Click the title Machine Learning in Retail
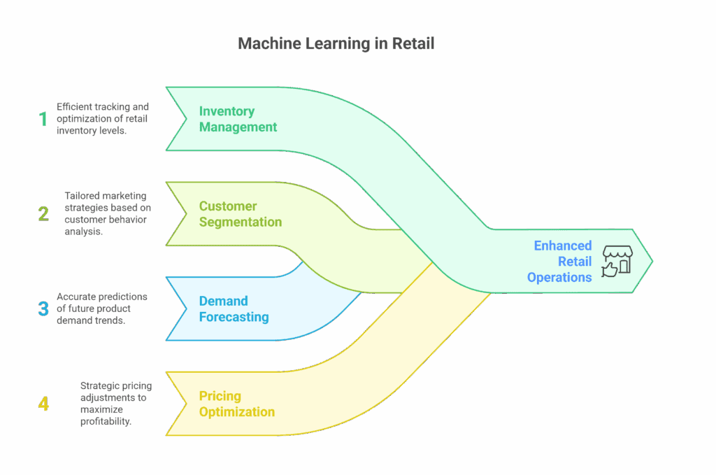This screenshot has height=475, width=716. click(x=336, y=43)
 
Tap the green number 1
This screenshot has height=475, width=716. click(x=43, y=119)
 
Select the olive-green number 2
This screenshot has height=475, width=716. click(x=43, y=213)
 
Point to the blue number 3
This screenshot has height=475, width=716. click(x=43, y=309)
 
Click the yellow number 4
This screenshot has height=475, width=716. click(x=43, y=404)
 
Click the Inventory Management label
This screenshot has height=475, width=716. click(x=238, y=119)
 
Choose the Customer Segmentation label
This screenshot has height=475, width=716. click(x=240, y=214)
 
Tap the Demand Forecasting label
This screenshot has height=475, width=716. click(x=234, y=309)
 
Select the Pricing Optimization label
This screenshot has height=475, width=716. click(x=236, y=404)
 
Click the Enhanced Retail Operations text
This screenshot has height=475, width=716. click(x=560, y=261)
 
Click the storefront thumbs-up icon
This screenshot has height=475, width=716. click(x=617, y=261)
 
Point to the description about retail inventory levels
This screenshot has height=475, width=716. click(x=102, y=119)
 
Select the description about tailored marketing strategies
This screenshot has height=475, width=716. click(x=107, y=213)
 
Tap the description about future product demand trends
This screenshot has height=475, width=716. click(x=102, y=309)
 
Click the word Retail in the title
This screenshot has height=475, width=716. click(x=413, y=43)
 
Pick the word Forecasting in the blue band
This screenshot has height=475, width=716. click(x=234, y=317)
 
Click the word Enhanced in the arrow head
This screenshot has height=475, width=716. click(x=563, y=246)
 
